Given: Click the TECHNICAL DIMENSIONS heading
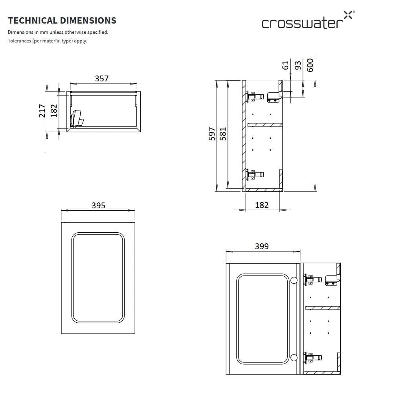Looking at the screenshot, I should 62,20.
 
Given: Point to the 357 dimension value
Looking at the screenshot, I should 101,79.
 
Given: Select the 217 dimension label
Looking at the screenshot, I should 42,110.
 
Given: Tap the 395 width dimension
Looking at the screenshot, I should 98,205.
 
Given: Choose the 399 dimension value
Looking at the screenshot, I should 262,246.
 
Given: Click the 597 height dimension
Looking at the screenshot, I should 212,134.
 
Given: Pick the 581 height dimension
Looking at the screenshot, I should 223,134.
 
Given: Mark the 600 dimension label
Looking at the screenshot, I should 310,65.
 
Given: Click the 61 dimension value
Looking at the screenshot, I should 286,65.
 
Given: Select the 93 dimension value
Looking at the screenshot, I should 298,65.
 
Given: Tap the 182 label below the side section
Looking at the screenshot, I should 262,205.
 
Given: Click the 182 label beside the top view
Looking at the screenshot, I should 54,110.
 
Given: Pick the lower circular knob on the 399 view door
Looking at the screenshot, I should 294,358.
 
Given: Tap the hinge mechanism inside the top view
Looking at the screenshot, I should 77,119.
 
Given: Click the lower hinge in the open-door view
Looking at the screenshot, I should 314,357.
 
